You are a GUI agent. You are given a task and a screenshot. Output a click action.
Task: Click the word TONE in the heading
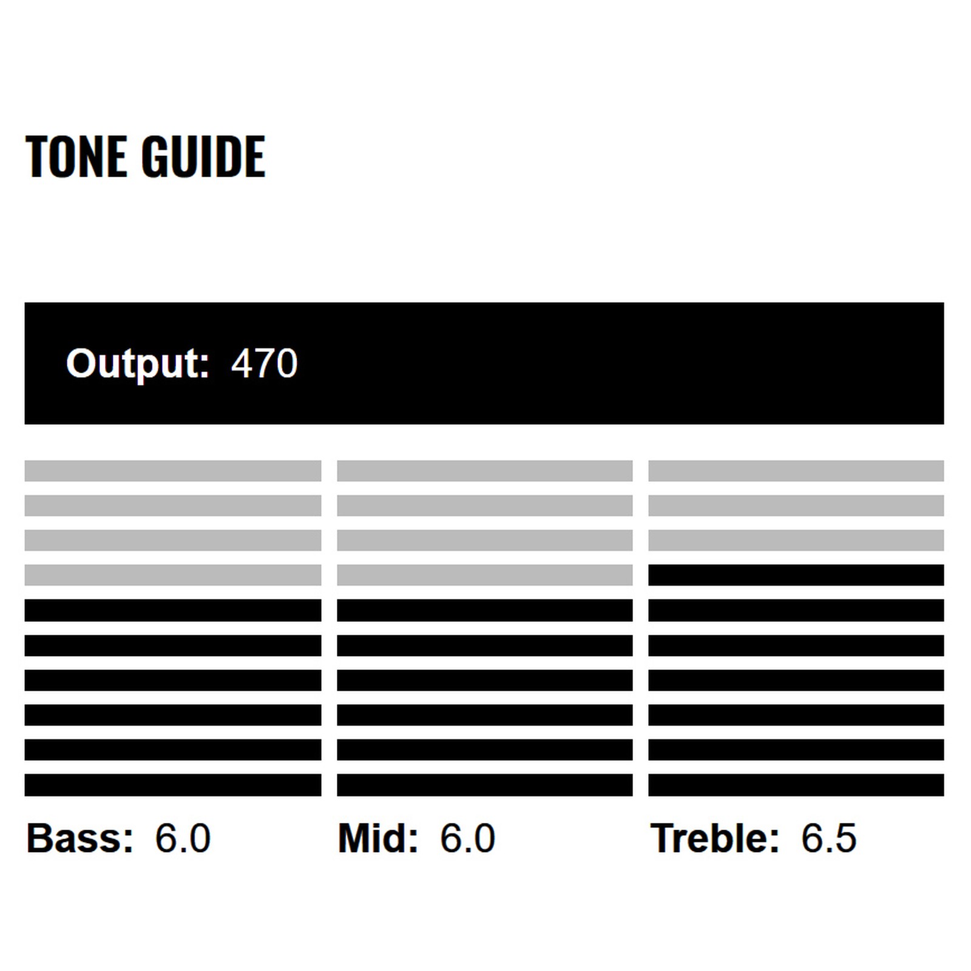pyautogui.click(x=75, y=157)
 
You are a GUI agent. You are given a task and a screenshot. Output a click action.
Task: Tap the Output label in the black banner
pyautogui.click(x=138, y=363)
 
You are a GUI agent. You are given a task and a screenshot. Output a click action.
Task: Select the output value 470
pyautogui.click(x=265, y=363)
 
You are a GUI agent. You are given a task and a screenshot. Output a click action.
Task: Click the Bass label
pyautogui.click(x=80, y=838)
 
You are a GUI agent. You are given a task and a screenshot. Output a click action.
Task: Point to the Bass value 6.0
pyautogui.click(x=183, y=838)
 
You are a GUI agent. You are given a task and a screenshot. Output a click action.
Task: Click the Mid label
pyautogui.click(x=378, y=838)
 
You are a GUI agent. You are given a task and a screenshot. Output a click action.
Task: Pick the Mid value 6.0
pyautogui.click(x=467, y=838)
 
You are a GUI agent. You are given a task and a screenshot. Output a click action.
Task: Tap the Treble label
pyautogui.click(x=714, y=838)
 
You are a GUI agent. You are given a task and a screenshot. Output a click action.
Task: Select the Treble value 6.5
pyautogui.click(x=828, y=838)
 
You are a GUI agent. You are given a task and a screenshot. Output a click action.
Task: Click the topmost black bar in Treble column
pyautogui.click(x=796, y=575)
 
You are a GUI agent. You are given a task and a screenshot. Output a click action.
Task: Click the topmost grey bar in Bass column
pyautogui.click(x=173, y=470)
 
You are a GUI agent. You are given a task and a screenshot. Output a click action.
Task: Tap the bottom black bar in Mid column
pyautogui.click(x=484, y=784)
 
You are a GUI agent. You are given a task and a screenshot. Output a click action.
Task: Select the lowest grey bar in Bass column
pyautogui.click(x=173, y=575)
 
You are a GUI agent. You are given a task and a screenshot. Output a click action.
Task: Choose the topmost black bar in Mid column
pyautogui.click(x=484, y=610)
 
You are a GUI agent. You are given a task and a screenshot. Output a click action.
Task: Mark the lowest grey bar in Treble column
pyautogui.click(x=796, y=540)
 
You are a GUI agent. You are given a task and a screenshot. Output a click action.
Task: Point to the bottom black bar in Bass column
pyautogui.click(x=173, y=784)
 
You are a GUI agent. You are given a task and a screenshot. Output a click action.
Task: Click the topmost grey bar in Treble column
pyautogui.click(x=796, y=470)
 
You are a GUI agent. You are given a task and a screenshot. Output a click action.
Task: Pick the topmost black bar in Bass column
pyautogui.click(x=173, y=610)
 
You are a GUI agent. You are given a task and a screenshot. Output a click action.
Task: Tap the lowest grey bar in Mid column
pyautogui.click(x=484, y=575)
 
